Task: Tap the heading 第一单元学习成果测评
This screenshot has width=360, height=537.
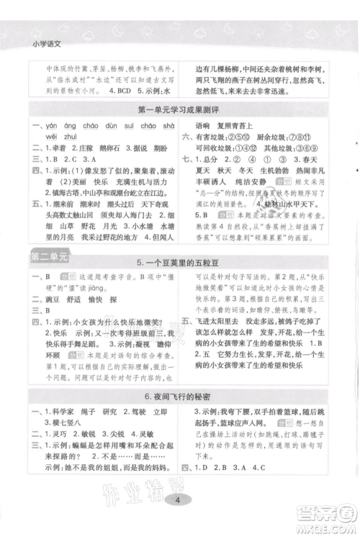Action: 179,109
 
